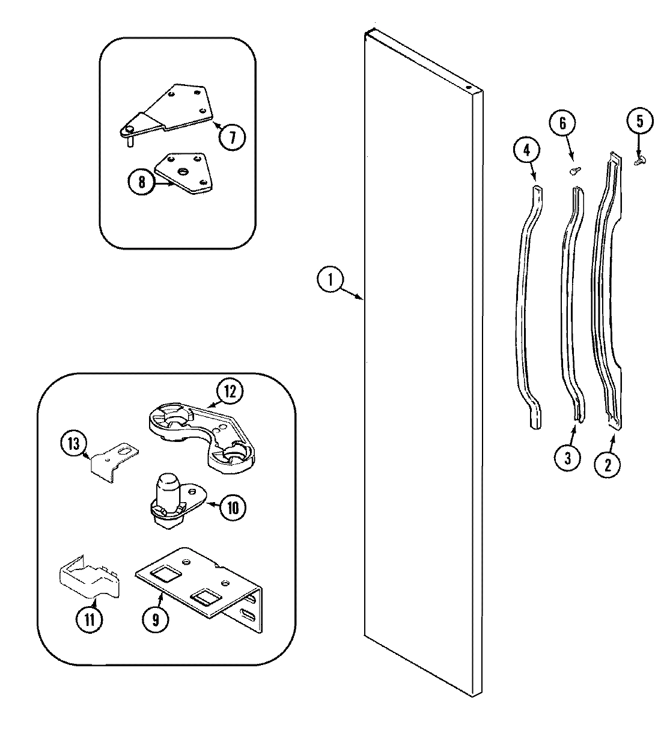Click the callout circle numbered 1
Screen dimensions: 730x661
(x=329, y=281)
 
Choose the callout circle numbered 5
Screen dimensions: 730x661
(x=639, y=122)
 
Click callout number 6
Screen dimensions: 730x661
(x=563, y=124)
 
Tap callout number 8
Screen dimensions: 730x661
(x=142, y=182)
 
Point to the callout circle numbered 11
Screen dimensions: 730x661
(x=89, y=619)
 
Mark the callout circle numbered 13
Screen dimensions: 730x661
(x=74, y=444)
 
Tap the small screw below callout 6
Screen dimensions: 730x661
(x=574, y=170)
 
